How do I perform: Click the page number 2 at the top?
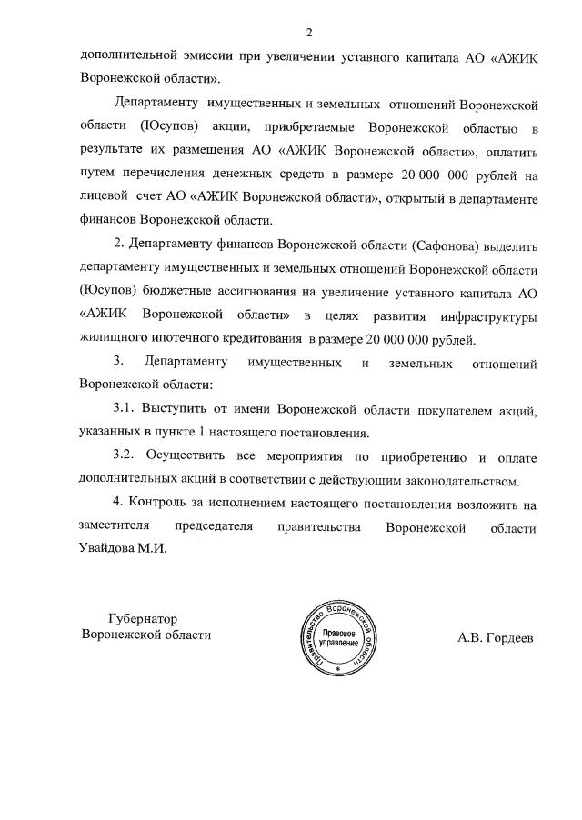[309, 33]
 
